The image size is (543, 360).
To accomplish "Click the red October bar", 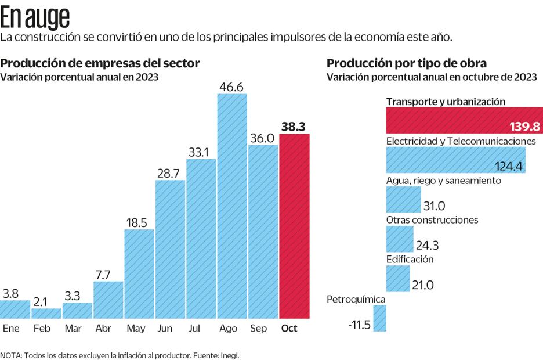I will (x=294, y=226).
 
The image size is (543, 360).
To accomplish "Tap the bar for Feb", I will (x=46, y=314).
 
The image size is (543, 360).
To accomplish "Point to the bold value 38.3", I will (x=294, y=126).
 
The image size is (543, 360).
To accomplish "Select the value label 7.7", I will (x=107, y=274).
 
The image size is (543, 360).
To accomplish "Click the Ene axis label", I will (x=11, y=329).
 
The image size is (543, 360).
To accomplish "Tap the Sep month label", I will (x=259, y=329).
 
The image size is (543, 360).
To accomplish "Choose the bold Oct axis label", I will (x=289, y=329).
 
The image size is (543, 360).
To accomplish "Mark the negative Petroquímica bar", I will (x=380, y=318).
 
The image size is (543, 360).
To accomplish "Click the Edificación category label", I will (x=410, y=260).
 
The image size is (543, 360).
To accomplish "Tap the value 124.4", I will (x=509, y=167).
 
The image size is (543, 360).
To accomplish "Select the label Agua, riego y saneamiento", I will (x=443, y=181).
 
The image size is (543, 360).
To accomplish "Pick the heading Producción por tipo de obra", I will (x=407, y=63).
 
